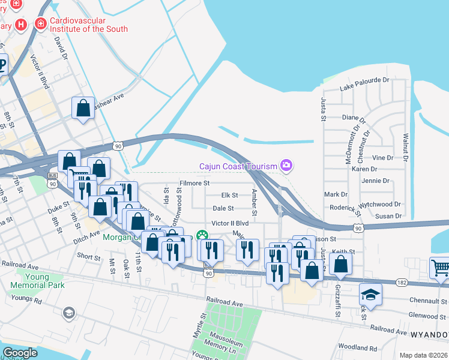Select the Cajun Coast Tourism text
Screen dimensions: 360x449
click(x=238, y=166)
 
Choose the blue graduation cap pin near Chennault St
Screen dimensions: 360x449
click(x=370, y=295)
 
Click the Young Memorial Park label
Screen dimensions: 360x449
click(x=44, y=281)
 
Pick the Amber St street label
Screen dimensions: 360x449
click(x=255, y=203)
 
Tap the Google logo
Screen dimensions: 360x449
click(x=20, y=353)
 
